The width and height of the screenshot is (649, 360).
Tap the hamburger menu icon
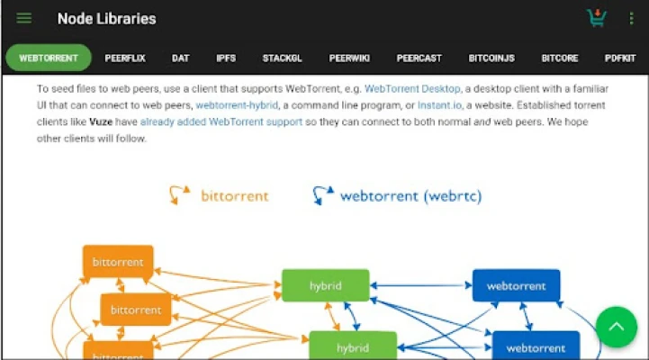(x=24, y=19)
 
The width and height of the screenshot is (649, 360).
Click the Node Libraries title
(x=106, y=19)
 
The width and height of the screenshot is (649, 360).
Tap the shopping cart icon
(x=596, y=18)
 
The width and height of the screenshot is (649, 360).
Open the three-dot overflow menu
(x=631, y=19)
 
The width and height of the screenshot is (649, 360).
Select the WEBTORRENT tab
(x=49, y=58)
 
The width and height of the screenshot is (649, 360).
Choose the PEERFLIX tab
(x=125, y=58)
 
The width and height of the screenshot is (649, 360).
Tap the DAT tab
(x=181, y=58)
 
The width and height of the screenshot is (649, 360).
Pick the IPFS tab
(x=226, y=58)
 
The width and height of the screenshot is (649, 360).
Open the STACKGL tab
(x=283, y=58)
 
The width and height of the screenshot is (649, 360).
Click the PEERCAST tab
(x=419, y=58)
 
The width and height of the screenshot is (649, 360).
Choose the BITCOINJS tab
(x=491, y=58)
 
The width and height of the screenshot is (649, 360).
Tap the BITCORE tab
(x=560, y=58)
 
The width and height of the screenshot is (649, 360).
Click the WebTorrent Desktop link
(x=412, y=89)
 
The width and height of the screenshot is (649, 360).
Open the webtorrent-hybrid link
(x=237, y=105)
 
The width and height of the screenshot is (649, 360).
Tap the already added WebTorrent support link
(x=221, y=121)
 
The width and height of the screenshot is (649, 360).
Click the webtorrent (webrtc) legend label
(x=410, y=194)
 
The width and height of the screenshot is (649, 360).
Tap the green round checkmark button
(x=617, y=328)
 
